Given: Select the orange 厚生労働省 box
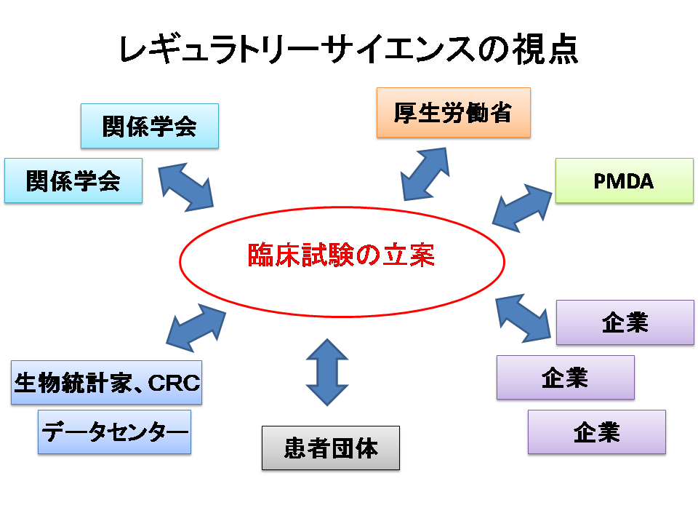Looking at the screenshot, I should click(453, 113).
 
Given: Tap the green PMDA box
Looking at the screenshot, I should click(624, 180).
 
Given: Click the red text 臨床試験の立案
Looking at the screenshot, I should click(341, 255).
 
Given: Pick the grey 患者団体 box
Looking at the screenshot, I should click(331, 448).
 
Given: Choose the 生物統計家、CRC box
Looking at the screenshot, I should click(107, 382).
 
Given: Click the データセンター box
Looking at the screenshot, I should click(114, 432).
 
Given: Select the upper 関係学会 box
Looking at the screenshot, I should click(149, 126).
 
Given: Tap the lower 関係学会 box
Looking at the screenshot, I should click(73, 180).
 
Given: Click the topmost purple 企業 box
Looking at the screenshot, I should click(625, 322).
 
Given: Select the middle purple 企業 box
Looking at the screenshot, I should click(565, 377).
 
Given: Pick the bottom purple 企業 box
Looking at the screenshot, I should click(596, 432).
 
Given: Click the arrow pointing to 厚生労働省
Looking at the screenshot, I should click(425, 173).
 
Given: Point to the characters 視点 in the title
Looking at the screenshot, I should click(550, 51).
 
